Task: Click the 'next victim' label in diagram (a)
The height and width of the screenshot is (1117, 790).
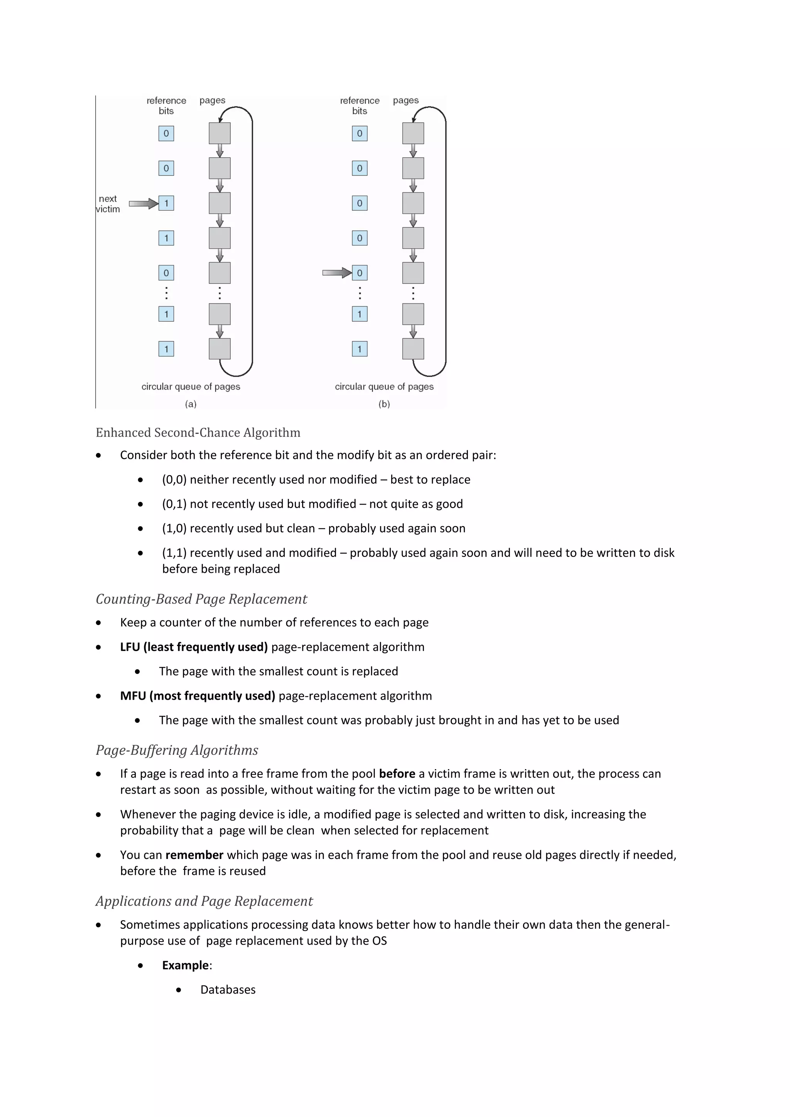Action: click(x=108, y=204)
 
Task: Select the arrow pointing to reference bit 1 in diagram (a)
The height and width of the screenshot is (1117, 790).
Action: click(x=143, y=203)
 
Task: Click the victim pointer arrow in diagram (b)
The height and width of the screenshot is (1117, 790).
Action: click(x=337, y=273)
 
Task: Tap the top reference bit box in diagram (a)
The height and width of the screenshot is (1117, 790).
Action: click(x=166, y=133)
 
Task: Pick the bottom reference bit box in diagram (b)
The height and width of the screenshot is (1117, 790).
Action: click(x=360, y=349)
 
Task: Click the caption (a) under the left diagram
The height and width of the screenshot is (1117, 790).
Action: click(x=191, y=404)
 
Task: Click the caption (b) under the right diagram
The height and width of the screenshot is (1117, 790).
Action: click(x=384, y=404)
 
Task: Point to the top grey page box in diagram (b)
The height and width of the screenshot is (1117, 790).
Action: click(x=413, y=133)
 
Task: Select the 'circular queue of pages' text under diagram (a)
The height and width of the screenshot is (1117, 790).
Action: click(x=191, y=386)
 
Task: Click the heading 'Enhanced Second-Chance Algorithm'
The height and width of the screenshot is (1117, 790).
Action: click(x=198, y=432)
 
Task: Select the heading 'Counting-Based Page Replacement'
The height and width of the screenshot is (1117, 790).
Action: click(x=201, y=599)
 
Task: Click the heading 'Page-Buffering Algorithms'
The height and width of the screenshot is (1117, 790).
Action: click(x=177, y=750)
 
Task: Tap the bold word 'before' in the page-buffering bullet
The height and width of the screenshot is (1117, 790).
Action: click(x=397, y=774)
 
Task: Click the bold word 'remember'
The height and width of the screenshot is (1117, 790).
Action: click(x=194, y=855)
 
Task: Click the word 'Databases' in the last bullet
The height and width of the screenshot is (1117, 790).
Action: click(x=228, y=990)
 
